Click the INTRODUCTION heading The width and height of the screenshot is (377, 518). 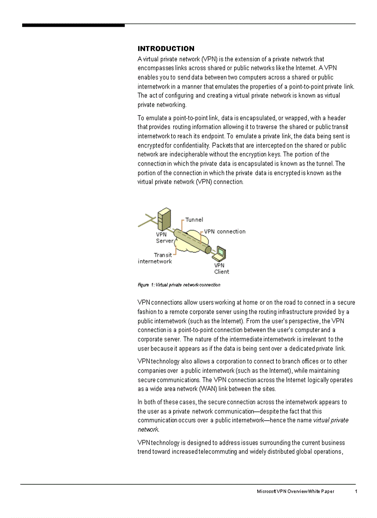click(x=166, y=48)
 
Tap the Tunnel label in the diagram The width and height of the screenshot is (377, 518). click(x=194, y=220)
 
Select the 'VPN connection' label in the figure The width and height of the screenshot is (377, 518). click(x=225, y=232)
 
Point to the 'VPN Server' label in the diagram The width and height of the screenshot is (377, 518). click(x=164, y=238)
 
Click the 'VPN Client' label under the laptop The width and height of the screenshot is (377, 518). click(x=221, y=268)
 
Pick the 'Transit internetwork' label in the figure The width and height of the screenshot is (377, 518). click(x=155, y=258)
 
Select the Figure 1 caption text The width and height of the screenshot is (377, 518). click(x=179, y=285)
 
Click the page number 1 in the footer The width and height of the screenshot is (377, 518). click(x=356, y=492)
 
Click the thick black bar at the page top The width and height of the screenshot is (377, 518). click(x=73, y=25)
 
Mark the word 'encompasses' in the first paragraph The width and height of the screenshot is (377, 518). click(x=155, y=68)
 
